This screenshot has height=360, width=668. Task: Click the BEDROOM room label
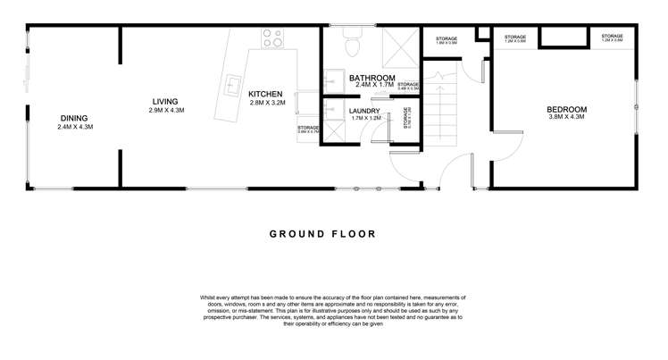(567, 109)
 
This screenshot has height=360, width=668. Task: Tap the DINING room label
(74, 118)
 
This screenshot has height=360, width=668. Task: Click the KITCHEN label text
(265, 94)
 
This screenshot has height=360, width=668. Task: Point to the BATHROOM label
(372, 78)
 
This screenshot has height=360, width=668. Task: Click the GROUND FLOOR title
(322, 234)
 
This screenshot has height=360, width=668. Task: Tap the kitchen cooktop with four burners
(272, 38)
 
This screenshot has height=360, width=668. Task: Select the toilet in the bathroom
(353, 45)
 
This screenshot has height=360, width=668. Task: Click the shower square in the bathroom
(396, 46)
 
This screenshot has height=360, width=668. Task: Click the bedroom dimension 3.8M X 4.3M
(567, 118)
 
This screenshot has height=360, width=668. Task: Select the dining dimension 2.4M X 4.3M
(74, 127)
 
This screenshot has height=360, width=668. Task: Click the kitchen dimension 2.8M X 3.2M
(265, 103)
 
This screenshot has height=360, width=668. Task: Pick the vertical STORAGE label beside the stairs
(407, 119)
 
